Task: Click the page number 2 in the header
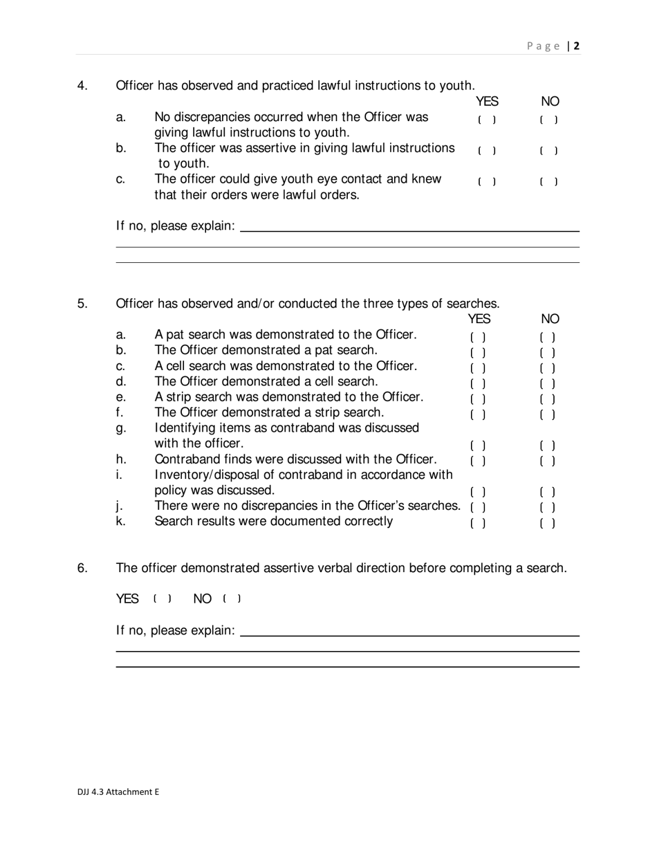click(576, 46)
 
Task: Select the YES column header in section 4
click(487, 102)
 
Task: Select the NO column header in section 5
click(550, 319)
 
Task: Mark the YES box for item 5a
click(478, 338)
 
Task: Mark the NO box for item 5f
click(548, 415)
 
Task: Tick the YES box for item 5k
click(478, 523)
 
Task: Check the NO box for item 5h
click(548, 461)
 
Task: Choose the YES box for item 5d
click(478, 383)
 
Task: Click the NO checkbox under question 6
click(232, 598)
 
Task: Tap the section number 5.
click(82, 303)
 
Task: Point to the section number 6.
click(82, 568)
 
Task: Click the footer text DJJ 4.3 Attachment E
click(118, 792)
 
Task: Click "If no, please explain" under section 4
click(175, 226)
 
